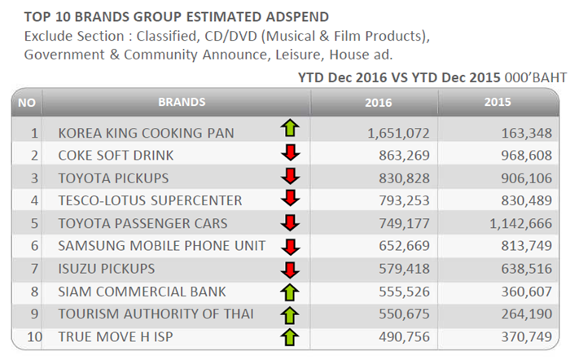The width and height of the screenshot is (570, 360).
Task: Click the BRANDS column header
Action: [182, 102]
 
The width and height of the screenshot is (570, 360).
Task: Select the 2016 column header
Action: [378, 103]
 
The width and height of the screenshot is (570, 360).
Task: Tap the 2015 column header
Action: [498, 102]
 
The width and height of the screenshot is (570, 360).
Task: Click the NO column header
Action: [27, 103]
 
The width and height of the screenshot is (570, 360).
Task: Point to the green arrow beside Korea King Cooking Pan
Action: [290, 128]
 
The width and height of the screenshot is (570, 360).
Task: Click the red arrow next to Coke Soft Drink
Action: [290, 153]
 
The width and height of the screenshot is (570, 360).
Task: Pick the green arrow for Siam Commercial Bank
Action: [290, 292]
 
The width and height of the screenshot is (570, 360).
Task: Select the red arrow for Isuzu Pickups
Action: [290, 270]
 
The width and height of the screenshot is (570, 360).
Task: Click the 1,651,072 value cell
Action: [398, 133]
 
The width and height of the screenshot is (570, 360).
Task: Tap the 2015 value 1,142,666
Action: [520, 223]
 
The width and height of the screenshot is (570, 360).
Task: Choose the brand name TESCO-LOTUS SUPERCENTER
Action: [150, 200]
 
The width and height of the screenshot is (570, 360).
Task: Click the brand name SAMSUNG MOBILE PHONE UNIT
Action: [162, 246]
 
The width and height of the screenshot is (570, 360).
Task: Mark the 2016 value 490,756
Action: [404, 336]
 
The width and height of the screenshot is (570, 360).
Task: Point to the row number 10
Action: [34, 336]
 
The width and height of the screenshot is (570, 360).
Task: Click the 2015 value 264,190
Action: [527, 314]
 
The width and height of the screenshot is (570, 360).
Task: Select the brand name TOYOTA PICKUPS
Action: [113, 178]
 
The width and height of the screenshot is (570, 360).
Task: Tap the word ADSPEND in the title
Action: [297, 17]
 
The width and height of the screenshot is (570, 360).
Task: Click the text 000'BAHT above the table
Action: [536, 77]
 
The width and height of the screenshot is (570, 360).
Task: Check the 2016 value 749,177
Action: [404, 223]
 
